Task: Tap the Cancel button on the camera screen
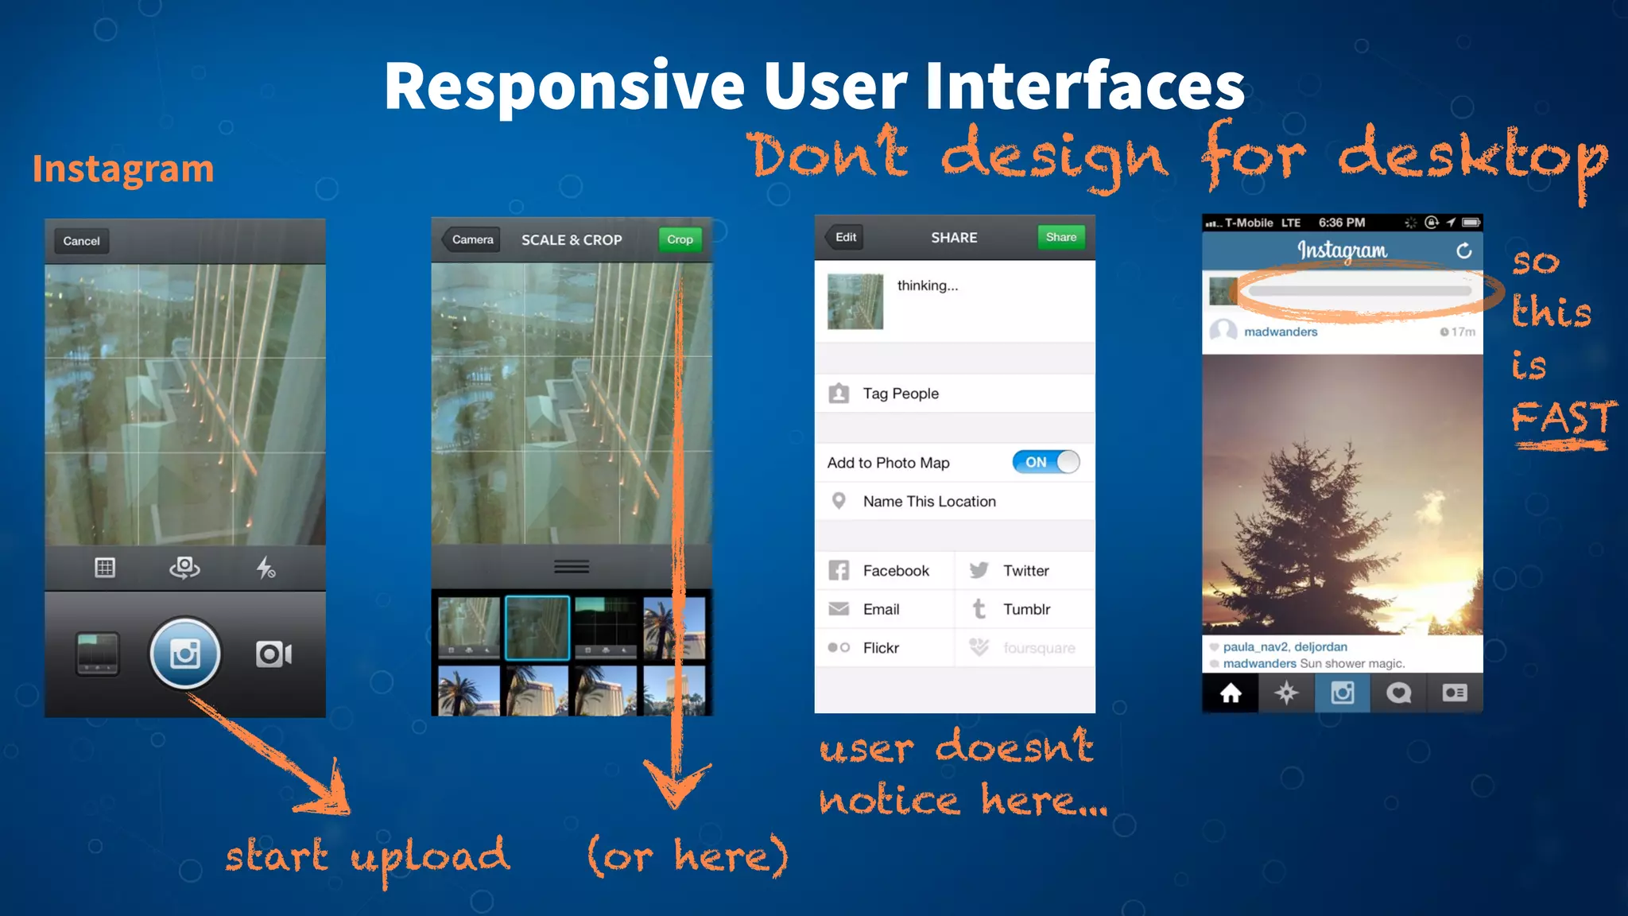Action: point(81,241)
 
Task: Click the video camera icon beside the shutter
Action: point(273,654)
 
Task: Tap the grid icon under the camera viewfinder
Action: point(105,568)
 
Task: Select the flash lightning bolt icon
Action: point(266,568)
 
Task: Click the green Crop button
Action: point(680,239)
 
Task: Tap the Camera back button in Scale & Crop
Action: point(471,239)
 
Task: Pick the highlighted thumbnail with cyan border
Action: point(537,627)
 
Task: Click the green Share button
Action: point(1061,237)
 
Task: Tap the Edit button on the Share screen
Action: point(845,237)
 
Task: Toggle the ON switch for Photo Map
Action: point(1045,462)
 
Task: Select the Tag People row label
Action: point(901,394)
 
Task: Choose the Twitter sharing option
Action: point(1025,571)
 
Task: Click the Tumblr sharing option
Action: point(1025,609)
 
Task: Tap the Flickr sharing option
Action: point(881,648)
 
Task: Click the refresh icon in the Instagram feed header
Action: point(1463,251)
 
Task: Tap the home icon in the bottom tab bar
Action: point(1231,693)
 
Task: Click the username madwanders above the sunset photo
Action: point(1280,332)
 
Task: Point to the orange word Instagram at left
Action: point(123,169)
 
